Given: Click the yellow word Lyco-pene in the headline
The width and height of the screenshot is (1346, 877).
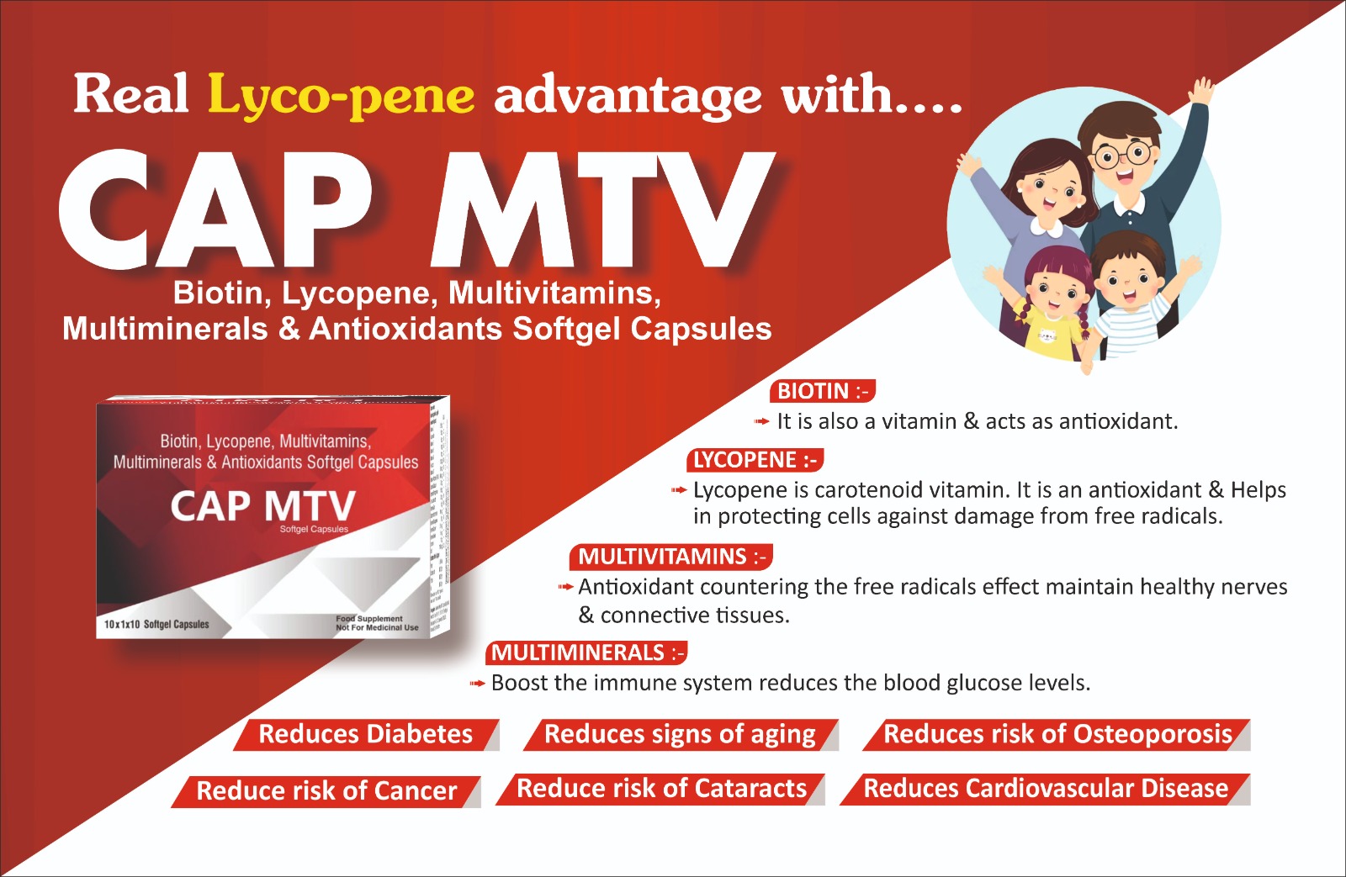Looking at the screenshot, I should (x=341, y=94).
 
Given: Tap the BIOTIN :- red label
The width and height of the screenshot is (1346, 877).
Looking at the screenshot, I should (x=822, y=391).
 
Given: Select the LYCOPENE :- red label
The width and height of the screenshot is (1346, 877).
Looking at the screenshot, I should (x=755, y=460).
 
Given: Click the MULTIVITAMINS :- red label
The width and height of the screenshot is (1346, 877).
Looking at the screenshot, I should (x=670, y=557).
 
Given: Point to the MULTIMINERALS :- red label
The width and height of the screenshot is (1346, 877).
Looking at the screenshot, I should (x=586, y=652).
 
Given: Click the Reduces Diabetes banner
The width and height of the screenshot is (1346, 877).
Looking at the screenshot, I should (x=366, y=734).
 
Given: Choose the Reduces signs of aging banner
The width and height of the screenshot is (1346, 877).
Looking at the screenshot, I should (x=680, y=734).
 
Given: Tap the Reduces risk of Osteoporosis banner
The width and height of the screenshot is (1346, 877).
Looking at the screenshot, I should (x=1057, y=734).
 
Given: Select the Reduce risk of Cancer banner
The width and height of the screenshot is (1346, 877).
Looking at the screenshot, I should (x=326, y=790).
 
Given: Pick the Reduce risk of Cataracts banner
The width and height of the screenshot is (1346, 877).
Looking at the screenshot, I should (x=661, y=789).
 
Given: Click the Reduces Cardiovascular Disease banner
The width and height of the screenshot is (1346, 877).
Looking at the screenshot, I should (x=1046, y=789).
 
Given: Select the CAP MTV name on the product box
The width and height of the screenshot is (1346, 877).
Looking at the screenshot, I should (x=262, y=506).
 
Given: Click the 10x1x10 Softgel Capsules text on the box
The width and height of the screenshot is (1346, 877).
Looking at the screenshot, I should (x=156, y=624).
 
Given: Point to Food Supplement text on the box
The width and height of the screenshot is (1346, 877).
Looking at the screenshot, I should (x=369, y=618).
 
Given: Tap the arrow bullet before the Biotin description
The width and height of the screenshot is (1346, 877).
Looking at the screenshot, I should (x=761, y=421).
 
